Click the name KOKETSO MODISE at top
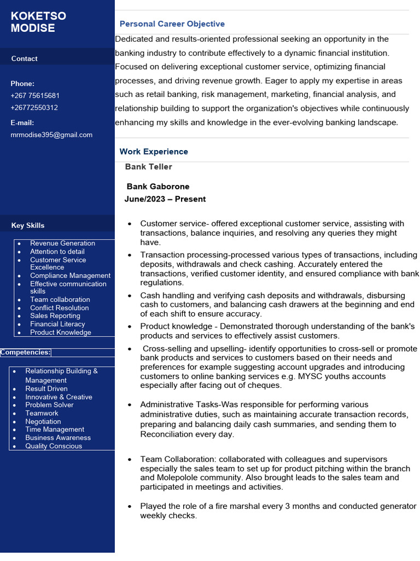38,22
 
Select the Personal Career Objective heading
172,24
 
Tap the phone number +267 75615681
35,95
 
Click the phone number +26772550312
34,107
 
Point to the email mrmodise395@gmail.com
51,135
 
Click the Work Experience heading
154,152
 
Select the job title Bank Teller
148,167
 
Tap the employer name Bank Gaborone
158,187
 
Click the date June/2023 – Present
165,199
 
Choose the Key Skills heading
28,226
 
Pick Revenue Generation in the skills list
62,243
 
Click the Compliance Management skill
70,276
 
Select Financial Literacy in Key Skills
57,324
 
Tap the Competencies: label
25,352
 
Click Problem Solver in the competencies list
49,405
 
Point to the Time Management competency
55,430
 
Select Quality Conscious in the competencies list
54,446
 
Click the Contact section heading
25,59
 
